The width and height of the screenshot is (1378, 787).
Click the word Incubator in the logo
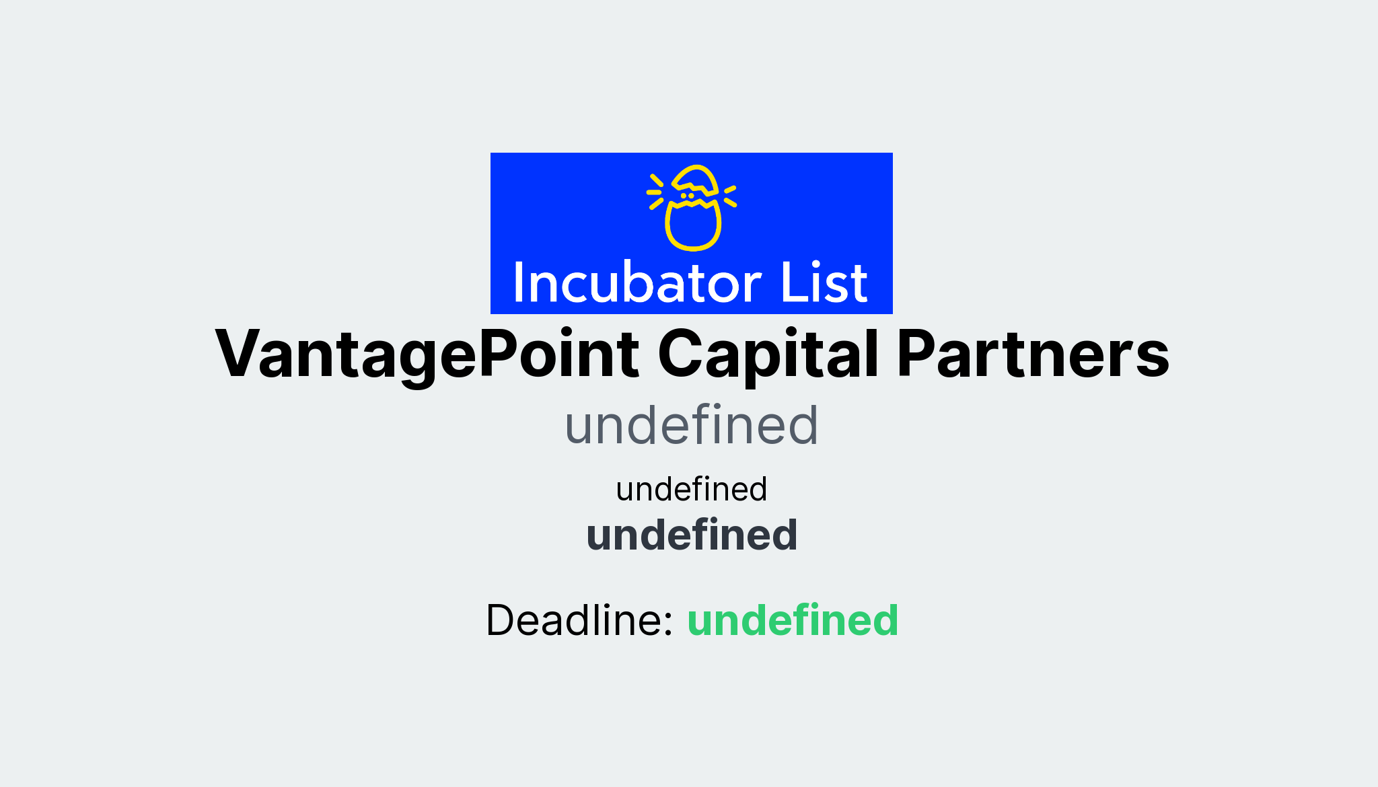(637, 283)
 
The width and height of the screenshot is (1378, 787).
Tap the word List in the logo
(824, 283)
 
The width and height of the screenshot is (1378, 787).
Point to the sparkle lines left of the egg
(655, 192)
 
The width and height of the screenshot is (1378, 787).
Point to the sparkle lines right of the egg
(730, 196)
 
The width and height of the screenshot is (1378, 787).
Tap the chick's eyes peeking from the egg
(687, 196)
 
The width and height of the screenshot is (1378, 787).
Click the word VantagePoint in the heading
(427, 354)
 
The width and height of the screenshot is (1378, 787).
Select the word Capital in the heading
(768, 354)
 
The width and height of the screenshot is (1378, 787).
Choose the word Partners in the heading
(1033, 354)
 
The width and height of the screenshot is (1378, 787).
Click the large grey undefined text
(691, 425)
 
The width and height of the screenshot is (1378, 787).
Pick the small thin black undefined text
(691, 489)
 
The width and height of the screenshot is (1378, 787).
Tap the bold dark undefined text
(692, 535)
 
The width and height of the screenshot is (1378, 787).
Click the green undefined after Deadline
(793, 620)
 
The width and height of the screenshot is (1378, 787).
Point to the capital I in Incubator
(518, 283)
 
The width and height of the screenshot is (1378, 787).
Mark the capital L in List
(791, 283)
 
